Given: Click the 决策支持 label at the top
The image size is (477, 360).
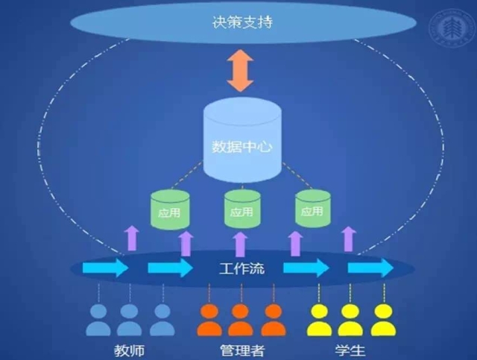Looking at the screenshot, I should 241,22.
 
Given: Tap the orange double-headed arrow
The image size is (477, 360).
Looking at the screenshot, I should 240,71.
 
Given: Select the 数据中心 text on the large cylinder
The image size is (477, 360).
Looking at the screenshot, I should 240,147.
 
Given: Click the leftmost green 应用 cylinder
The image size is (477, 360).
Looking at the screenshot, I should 170,209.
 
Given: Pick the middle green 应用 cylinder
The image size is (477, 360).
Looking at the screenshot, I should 242,209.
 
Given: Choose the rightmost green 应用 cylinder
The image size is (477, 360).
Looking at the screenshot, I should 312,209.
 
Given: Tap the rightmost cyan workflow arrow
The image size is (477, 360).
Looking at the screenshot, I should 370,268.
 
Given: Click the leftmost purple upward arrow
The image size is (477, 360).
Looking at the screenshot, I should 131,238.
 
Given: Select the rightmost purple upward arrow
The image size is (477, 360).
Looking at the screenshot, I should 348,238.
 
